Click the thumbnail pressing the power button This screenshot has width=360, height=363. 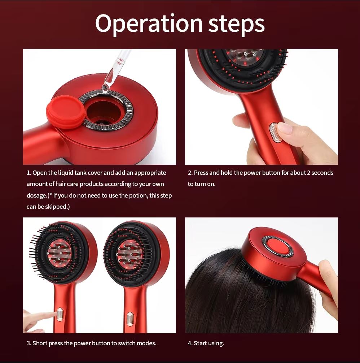[x=285, y=129]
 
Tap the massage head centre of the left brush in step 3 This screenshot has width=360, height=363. [x=58, y=252]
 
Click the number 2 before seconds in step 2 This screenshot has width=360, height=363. [x=308, y=173]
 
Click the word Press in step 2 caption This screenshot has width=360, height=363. [x=201, y=173]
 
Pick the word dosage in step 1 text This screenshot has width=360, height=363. [x=36, y=195]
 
